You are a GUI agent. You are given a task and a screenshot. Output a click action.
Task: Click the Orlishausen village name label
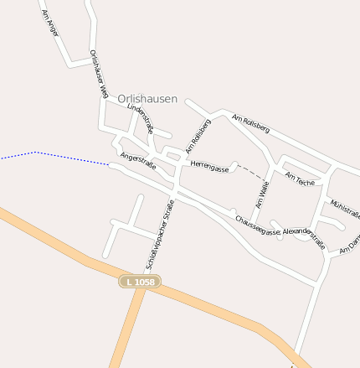147,99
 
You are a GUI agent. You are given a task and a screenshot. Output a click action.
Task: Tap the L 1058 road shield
138,282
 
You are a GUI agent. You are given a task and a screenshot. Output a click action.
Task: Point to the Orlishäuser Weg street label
98,75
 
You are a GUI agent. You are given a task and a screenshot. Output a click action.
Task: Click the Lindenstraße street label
141,119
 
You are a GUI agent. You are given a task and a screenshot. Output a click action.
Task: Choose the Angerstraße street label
138,161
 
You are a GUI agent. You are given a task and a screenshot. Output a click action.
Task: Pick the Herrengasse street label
209,168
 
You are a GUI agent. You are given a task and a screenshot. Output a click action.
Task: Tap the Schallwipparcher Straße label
160,235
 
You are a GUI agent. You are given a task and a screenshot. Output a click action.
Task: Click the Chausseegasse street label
257,225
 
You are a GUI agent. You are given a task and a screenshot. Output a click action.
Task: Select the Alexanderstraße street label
304,236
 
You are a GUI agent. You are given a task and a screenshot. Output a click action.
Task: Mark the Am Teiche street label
300,178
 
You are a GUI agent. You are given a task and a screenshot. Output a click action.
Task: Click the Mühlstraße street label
345,208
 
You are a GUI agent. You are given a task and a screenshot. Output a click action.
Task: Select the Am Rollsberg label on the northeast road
251,124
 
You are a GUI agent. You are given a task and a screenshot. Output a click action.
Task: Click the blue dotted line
50,155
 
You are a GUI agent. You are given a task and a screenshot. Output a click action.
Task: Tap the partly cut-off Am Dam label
349,247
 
